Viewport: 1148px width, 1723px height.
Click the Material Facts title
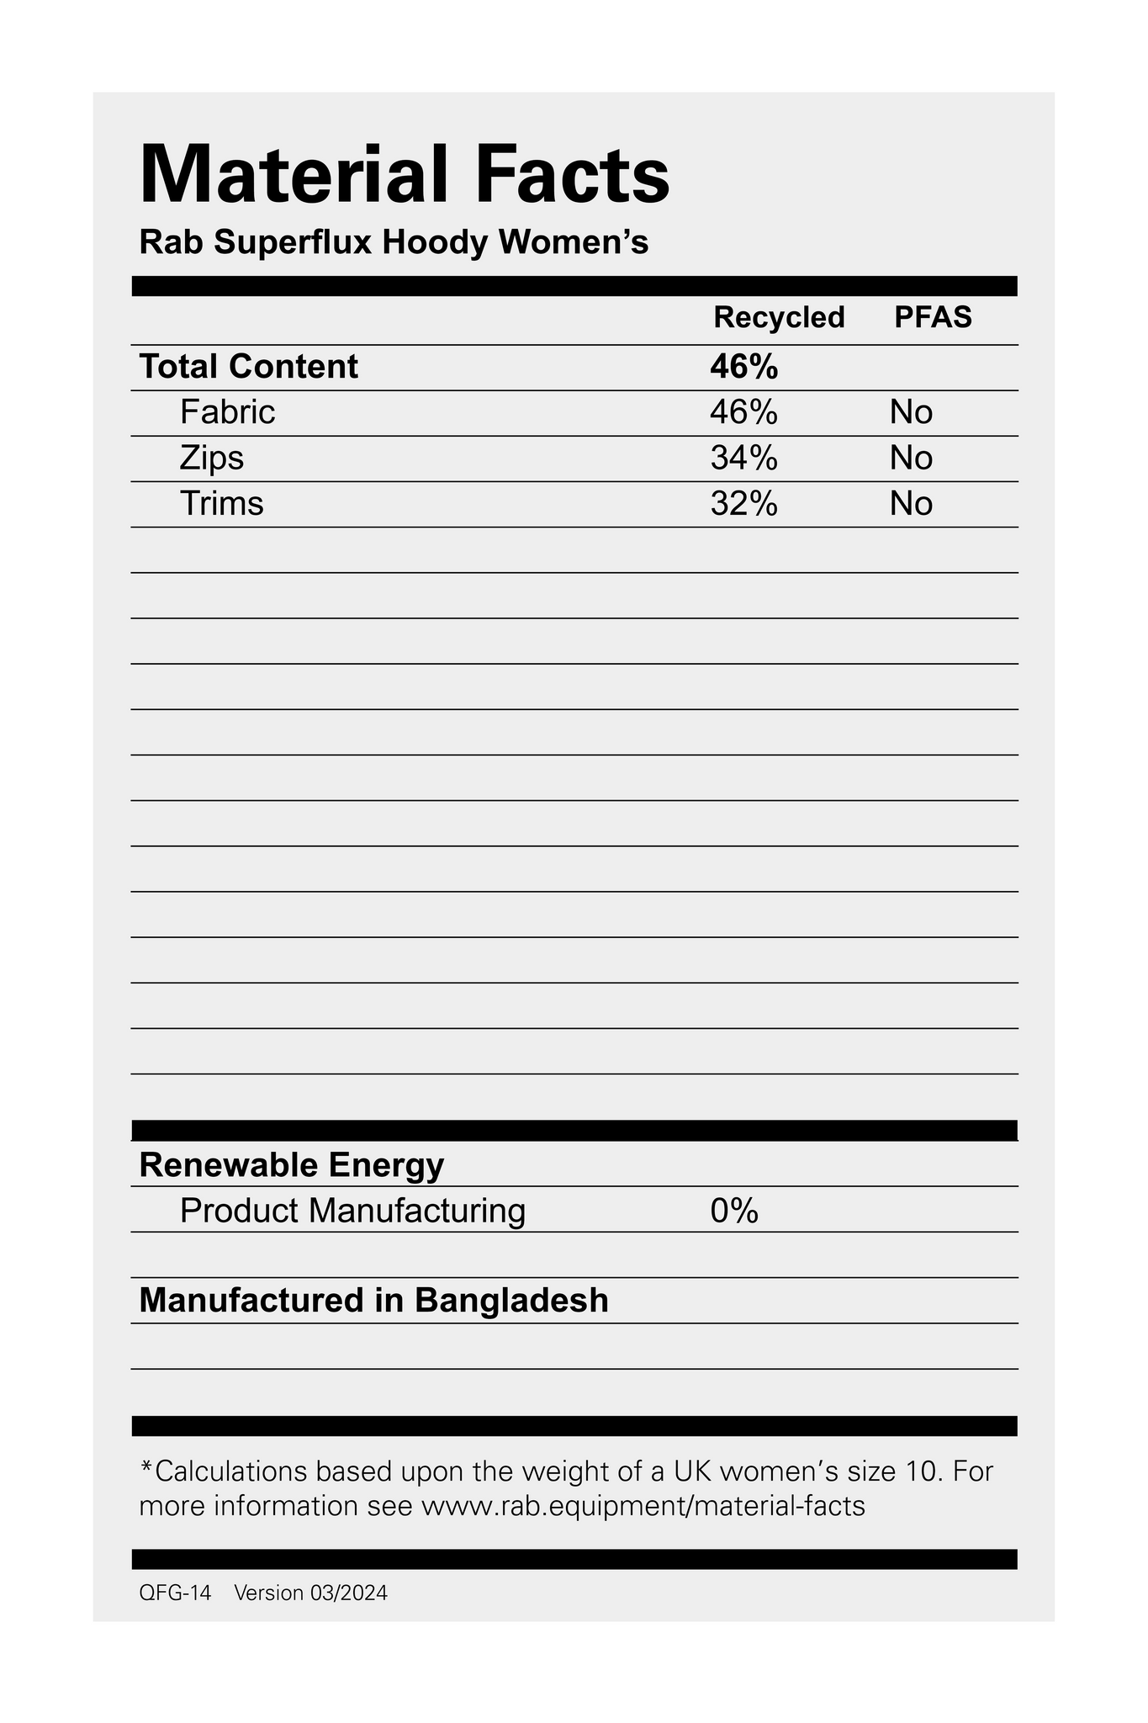[404, 176]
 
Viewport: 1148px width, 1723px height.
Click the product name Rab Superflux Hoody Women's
[394, 243]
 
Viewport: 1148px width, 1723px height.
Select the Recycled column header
[779, 317]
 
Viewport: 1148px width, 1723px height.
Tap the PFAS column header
[933, 317]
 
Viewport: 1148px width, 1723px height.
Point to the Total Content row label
[249, 368]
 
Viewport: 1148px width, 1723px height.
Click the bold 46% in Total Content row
[743, 368]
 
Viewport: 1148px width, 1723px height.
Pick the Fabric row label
[227, 412]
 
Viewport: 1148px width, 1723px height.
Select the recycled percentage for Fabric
[743, 412]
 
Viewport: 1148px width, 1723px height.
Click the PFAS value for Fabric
[912, 412]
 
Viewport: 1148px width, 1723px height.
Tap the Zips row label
[212, 458]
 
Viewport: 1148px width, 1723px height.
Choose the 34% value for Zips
[743, 458]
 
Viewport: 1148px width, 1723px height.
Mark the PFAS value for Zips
[912, 458]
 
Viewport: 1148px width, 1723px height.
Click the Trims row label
[221, 503]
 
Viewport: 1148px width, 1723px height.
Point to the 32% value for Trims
[743, 503]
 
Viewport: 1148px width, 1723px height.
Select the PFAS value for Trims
[912, 503]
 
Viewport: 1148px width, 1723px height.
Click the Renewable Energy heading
[291, 1165]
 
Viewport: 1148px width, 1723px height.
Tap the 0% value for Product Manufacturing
[734, 1211]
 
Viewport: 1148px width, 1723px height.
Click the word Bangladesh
[511, 1301]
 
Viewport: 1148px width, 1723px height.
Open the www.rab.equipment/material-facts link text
[643, 1505]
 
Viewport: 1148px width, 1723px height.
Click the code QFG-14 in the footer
[175, 1593]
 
